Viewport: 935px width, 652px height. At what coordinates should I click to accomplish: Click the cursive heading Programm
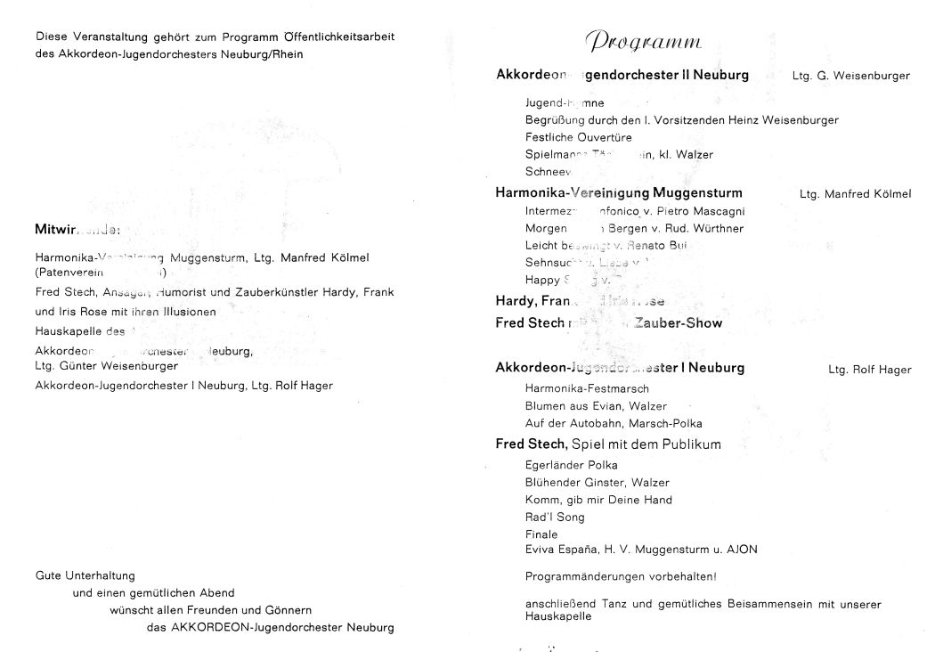point(644,42)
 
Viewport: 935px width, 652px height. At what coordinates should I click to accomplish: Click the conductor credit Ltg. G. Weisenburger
point(850,77)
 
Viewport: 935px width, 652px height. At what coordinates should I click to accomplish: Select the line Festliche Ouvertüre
point(579,137)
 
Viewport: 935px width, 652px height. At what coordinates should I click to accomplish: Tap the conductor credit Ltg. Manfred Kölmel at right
point(855,193)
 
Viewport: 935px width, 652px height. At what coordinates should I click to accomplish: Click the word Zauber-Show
point(679,322)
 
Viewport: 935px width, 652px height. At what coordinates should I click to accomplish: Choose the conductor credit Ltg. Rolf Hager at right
point(869,370)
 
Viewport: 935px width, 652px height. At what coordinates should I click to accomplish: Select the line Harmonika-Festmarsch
point(587,388)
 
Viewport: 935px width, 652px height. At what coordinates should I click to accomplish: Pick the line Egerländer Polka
point(571,465)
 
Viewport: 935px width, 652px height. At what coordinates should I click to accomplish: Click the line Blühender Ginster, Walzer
point(585,482)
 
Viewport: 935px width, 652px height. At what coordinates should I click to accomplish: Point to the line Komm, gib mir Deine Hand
point(598,500)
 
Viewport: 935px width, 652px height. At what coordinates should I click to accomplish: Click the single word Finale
point(541,534)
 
